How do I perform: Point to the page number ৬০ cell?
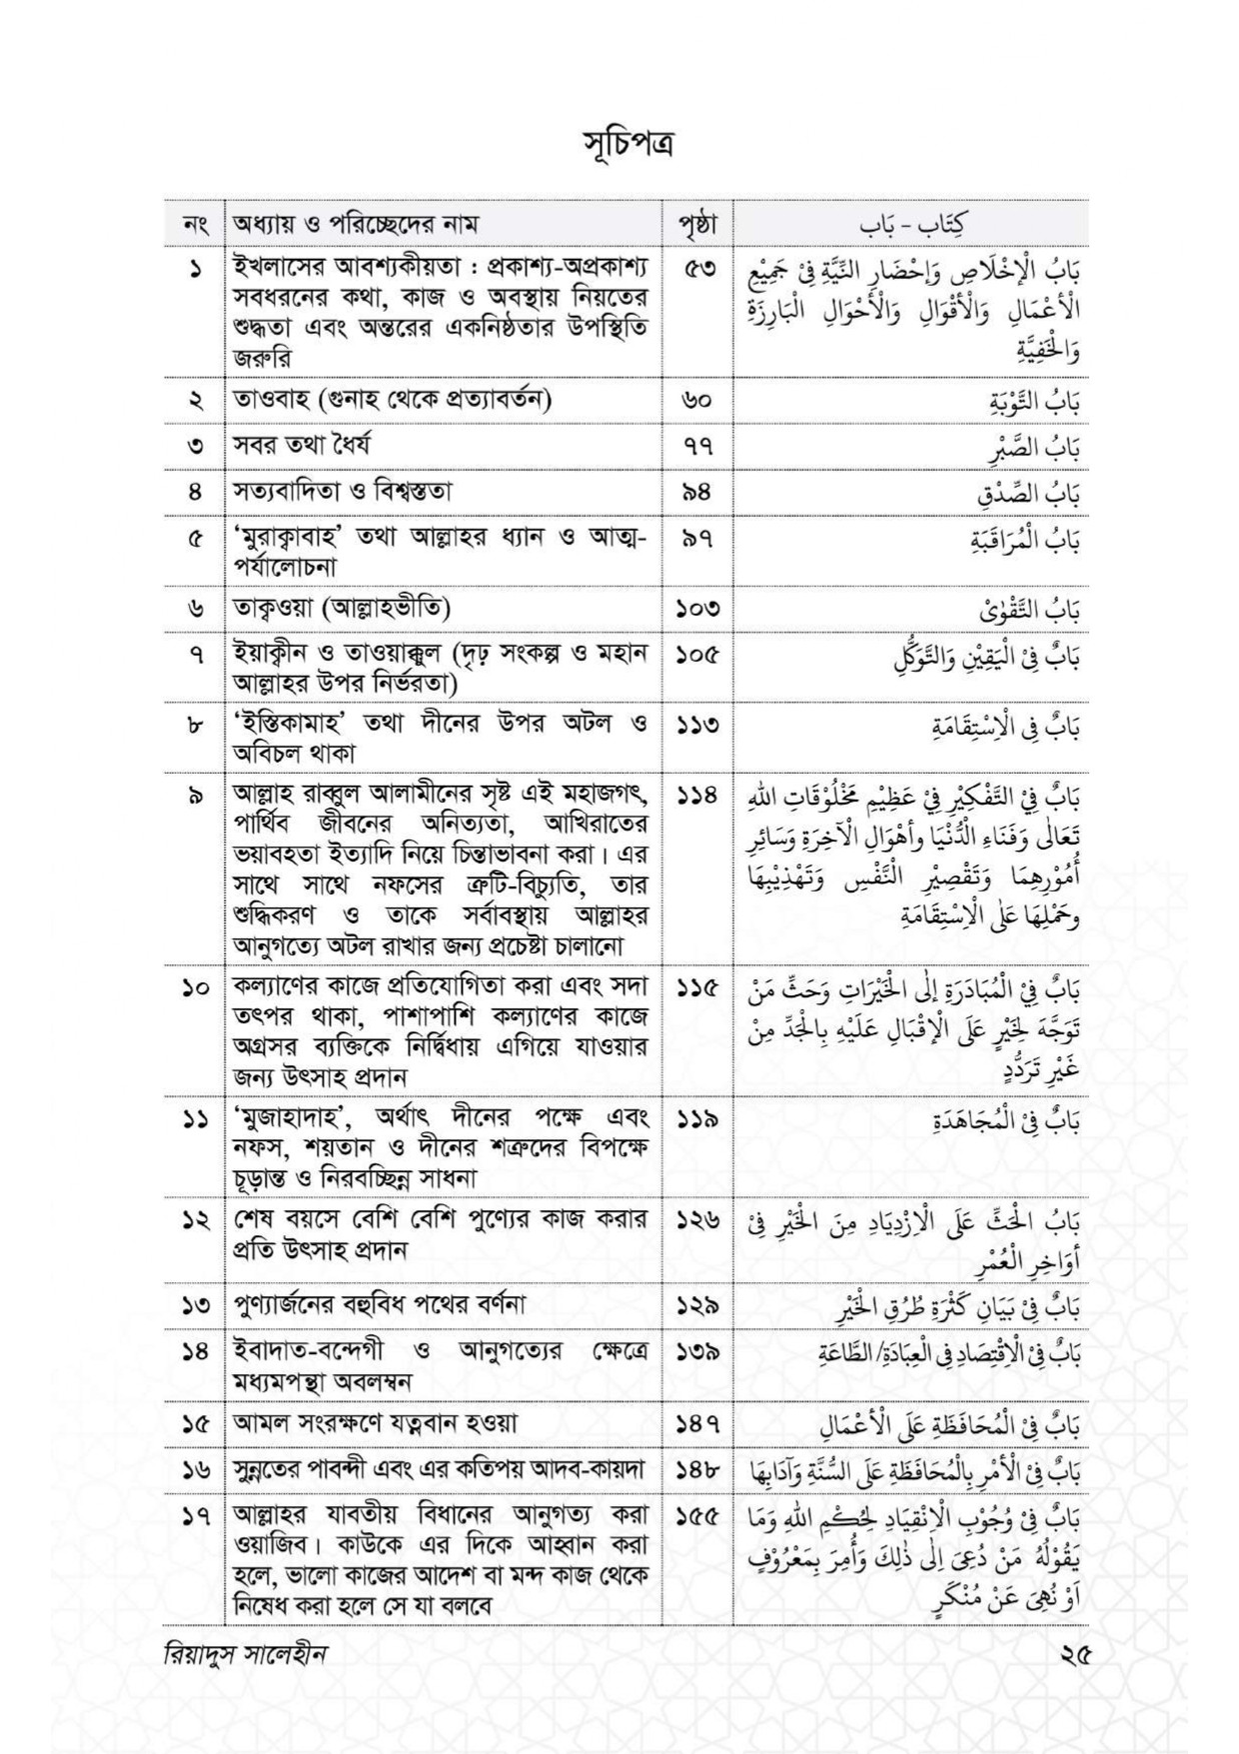pyautogui.click(x=696, y=400)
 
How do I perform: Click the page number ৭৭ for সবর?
pyautogui.click(x=696, y=446)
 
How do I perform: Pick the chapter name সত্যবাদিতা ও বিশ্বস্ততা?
pyautogui.click(x=343, y=492)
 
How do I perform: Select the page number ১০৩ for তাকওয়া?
pyautogui.click(x=697, y=608)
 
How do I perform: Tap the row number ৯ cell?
pyautogui.click(x=193, y=797)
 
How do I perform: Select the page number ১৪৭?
pyautogui.click(x=697, y=1423)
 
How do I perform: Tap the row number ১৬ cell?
pyautogui.click(x=193, y=1470)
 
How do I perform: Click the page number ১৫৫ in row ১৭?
pyautogui.click(x=697, y=1516)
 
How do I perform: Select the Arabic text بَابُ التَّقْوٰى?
pyautogui.click(x=1033, y=610)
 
